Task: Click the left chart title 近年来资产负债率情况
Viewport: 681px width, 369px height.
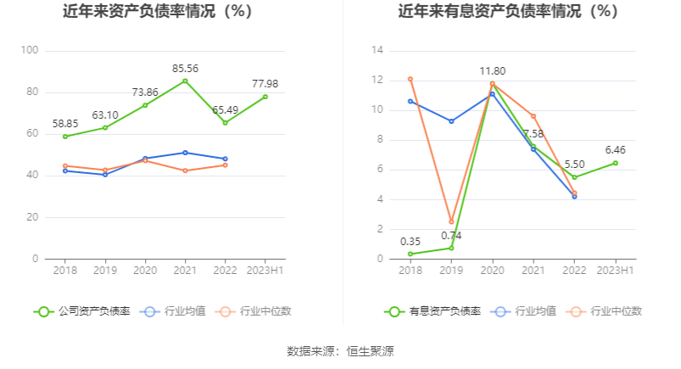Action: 159,12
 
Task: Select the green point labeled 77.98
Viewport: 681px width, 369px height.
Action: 265,97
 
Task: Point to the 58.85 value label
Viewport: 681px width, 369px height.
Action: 64,123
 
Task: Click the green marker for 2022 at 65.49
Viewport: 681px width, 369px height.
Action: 225,123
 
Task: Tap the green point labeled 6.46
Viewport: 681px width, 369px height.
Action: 615,163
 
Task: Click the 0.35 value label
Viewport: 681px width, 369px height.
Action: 410,241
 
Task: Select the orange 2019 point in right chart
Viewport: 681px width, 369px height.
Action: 451,221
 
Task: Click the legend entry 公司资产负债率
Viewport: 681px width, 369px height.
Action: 82,311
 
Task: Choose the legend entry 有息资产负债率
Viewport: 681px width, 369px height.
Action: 433,311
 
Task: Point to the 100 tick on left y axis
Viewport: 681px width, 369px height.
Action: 30,51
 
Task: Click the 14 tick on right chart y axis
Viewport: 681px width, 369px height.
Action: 378,51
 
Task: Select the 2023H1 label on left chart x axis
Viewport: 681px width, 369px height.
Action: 265,271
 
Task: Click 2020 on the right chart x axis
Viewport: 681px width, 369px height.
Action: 492,271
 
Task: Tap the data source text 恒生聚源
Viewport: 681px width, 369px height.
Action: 371,350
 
